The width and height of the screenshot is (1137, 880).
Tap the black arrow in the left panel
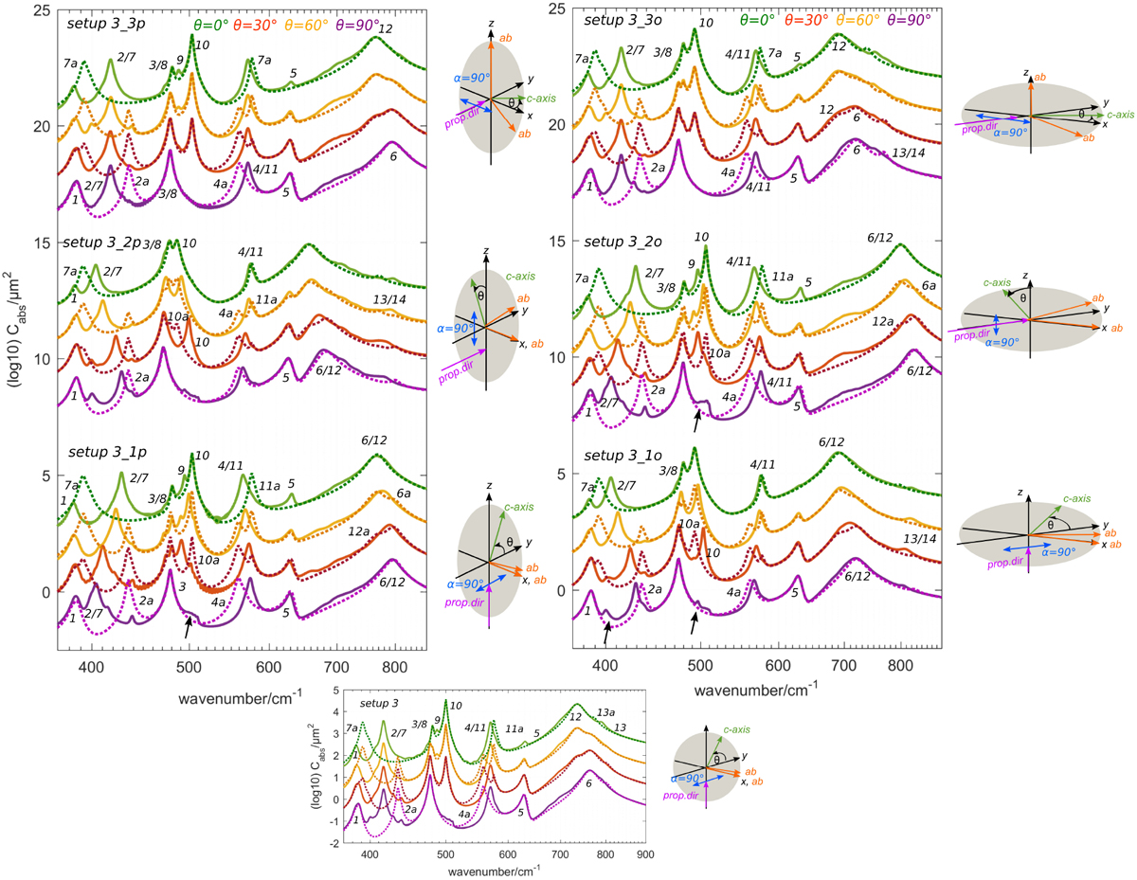point(189,627)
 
